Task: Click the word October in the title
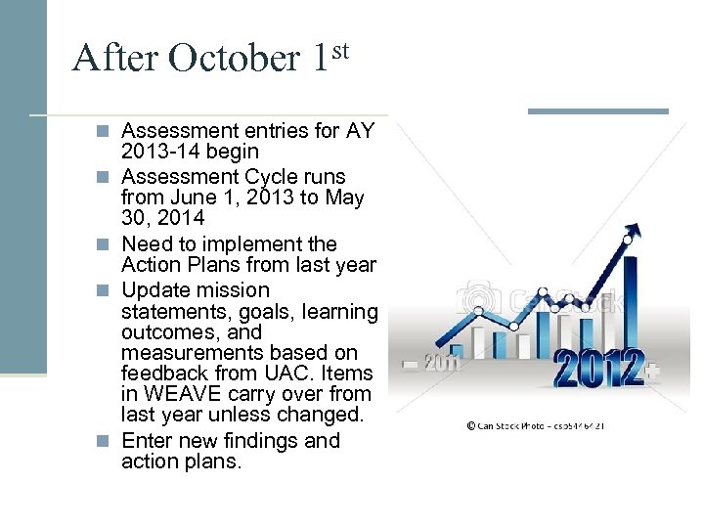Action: click(x=235, y=59)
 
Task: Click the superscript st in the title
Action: click(x=337, y=47)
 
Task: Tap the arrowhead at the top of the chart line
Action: click(x=633, y=232)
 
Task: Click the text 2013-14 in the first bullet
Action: click(x=162, y=152)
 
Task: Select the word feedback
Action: click(x=161, y=374)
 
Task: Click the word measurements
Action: click(x=185, y=352)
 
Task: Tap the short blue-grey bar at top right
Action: click(x=597, y=111)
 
